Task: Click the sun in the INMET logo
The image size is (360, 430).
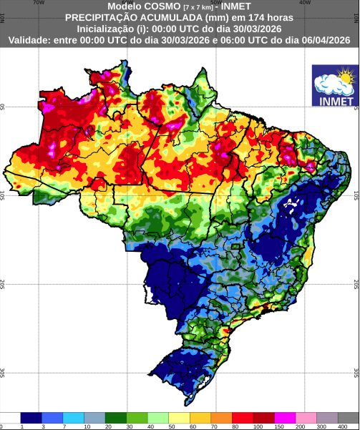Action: point(346,74)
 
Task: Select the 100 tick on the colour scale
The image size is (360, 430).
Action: point(256,426)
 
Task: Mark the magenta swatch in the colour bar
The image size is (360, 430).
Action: point(286,417)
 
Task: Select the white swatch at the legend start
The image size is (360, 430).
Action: point(10,417)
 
